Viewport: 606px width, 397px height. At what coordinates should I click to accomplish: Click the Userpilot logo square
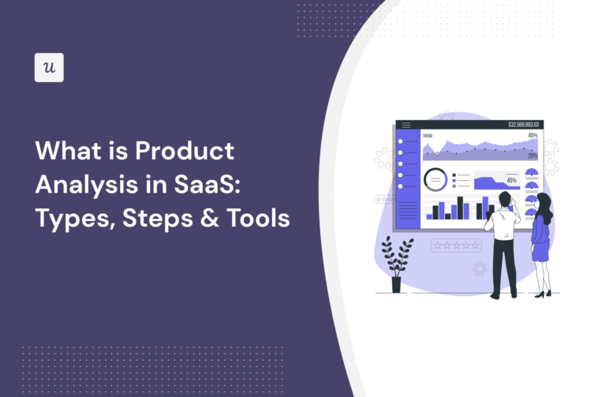coord(49,68)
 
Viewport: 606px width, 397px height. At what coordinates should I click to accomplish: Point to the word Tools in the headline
coord(254,219)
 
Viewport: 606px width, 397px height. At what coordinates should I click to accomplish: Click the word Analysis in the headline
coord(80,185)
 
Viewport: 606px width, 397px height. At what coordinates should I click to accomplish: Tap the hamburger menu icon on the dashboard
coord(406,125)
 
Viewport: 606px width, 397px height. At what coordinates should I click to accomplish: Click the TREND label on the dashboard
coord(428,136)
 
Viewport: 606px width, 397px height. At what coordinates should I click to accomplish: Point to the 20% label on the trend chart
coord(533,156)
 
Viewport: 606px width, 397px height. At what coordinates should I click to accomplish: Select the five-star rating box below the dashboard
coord(455,245)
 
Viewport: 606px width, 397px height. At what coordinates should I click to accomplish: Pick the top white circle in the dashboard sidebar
coord(401,142)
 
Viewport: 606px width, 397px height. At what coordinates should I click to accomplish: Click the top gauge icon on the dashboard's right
coord(531,173)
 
